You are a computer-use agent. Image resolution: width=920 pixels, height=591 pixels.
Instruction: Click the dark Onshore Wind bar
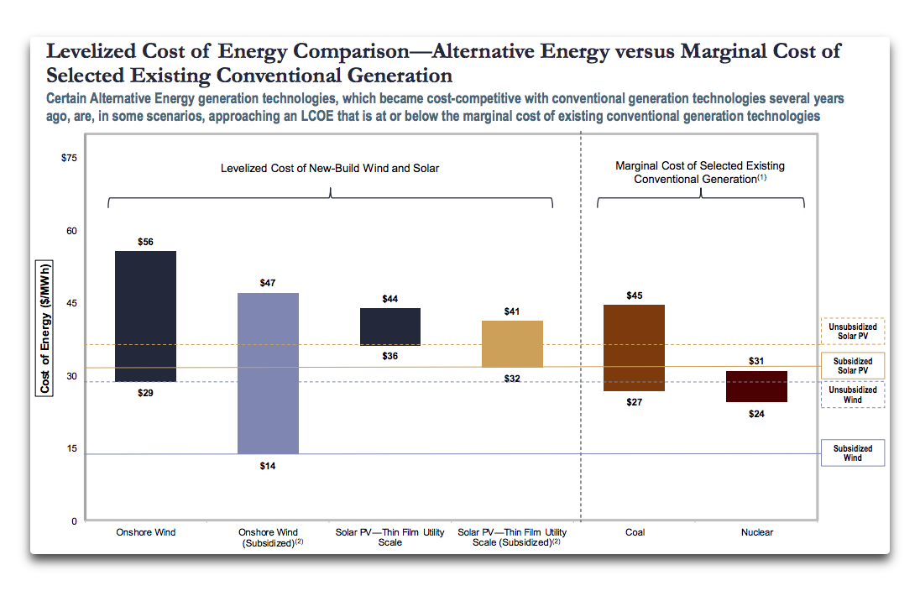click(x=145, y=316)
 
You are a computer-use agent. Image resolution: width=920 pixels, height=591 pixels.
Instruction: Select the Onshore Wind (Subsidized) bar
click(x=268, y=373)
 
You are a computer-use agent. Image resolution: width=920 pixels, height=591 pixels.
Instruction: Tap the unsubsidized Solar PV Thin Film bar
click(x=390, y=327)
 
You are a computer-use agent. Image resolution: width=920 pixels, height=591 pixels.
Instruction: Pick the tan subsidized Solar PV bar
click(x=512, y=343)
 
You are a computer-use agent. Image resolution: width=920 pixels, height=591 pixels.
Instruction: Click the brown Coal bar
click(x=635, y=348)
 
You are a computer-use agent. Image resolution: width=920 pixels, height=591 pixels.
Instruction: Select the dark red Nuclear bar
click(x=757, y=386)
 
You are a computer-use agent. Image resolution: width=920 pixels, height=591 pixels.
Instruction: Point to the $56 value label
click(x=145, y=242)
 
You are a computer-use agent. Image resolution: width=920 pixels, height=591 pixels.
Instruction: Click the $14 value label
click(x=268, y=466)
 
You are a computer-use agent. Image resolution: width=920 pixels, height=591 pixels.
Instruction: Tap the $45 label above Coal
click(x=635, y=295)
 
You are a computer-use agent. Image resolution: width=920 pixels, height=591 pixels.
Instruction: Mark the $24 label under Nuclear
click(x=757, y=414)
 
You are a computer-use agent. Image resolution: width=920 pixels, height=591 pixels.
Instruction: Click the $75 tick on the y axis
click(x=69, y=158)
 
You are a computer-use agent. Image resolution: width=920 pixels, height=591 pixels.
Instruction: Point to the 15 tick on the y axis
click(x=71, y=448)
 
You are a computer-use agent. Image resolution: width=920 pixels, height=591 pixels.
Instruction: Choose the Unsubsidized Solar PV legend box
click(x=852, y=332)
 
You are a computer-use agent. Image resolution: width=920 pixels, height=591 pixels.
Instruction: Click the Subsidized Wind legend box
click(x=852, y=453)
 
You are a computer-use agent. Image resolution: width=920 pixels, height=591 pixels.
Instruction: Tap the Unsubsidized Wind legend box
click(x=852, y=395)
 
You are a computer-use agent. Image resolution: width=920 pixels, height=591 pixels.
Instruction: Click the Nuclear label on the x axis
click(x=757, y=532)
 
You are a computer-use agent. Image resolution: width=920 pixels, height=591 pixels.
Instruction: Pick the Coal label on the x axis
click(x=635, y=532)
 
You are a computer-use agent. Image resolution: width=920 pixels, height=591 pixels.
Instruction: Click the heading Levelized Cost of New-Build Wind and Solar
click(x=330, y=169)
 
